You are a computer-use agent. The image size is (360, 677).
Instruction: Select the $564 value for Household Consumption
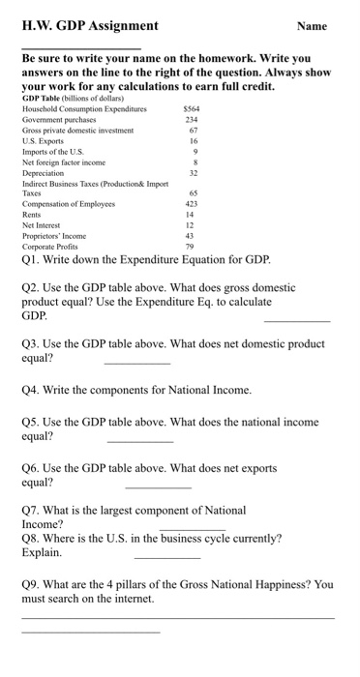[191, 110]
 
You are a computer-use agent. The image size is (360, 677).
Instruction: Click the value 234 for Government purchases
[192, 121]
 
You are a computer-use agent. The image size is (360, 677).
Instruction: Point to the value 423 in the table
[192, 205]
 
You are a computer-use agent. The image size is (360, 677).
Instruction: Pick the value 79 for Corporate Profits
[192, 247]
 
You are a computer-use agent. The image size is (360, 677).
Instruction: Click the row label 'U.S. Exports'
[45, 142]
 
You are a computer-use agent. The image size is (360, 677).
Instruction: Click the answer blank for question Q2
[296, 320]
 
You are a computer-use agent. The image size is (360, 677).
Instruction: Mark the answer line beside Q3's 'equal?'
[136, 362]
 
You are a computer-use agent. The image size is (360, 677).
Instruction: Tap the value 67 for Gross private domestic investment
[194, 132]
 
